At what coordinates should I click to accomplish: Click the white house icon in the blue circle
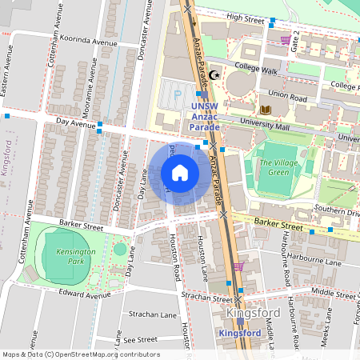[180, 173]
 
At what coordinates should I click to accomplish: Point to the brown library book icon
[266, 109]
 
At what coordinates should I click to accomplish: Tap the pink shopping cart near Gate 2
[286, 39]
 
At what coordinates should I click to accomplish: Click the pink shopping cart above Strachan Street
[237, 266]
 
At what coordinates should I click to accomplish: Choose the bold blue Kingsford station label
[240, 333]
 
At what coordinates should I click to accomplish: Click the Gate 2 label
[296, 40]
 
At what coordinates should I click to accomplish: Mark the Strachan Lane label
[150, 314]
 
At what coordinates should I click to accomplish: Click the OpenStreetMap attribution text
[80, 354]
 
